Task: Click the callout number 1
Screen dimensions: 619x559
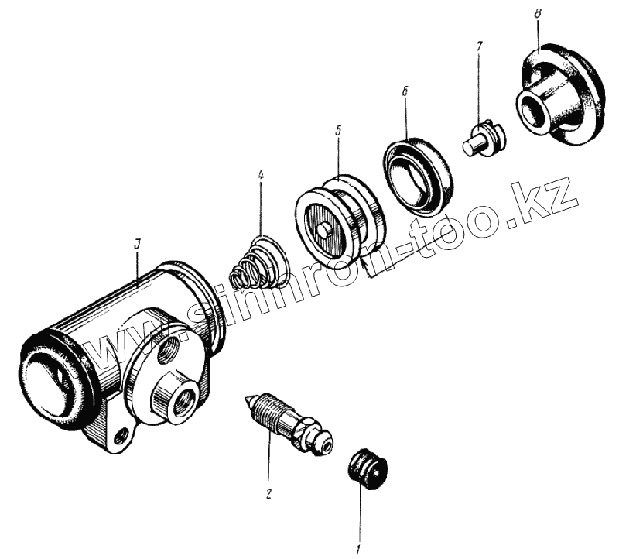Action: [x=358, y=550]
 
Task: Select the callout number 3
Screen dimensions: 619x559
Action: [x=136, y=244]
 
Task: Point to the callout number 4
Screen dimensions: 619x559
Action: [x=261, y=176]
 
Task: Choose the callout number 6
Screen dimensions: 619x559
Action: [x=405, y=91]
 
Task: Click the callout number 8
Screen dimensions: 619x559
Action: [x=538, y=14]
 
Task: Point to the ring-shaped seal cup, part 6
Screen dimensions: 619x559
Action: [x=418, y=176]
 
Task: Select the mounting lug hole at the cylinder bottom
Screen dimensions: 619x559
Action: [x=120, y=439]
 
